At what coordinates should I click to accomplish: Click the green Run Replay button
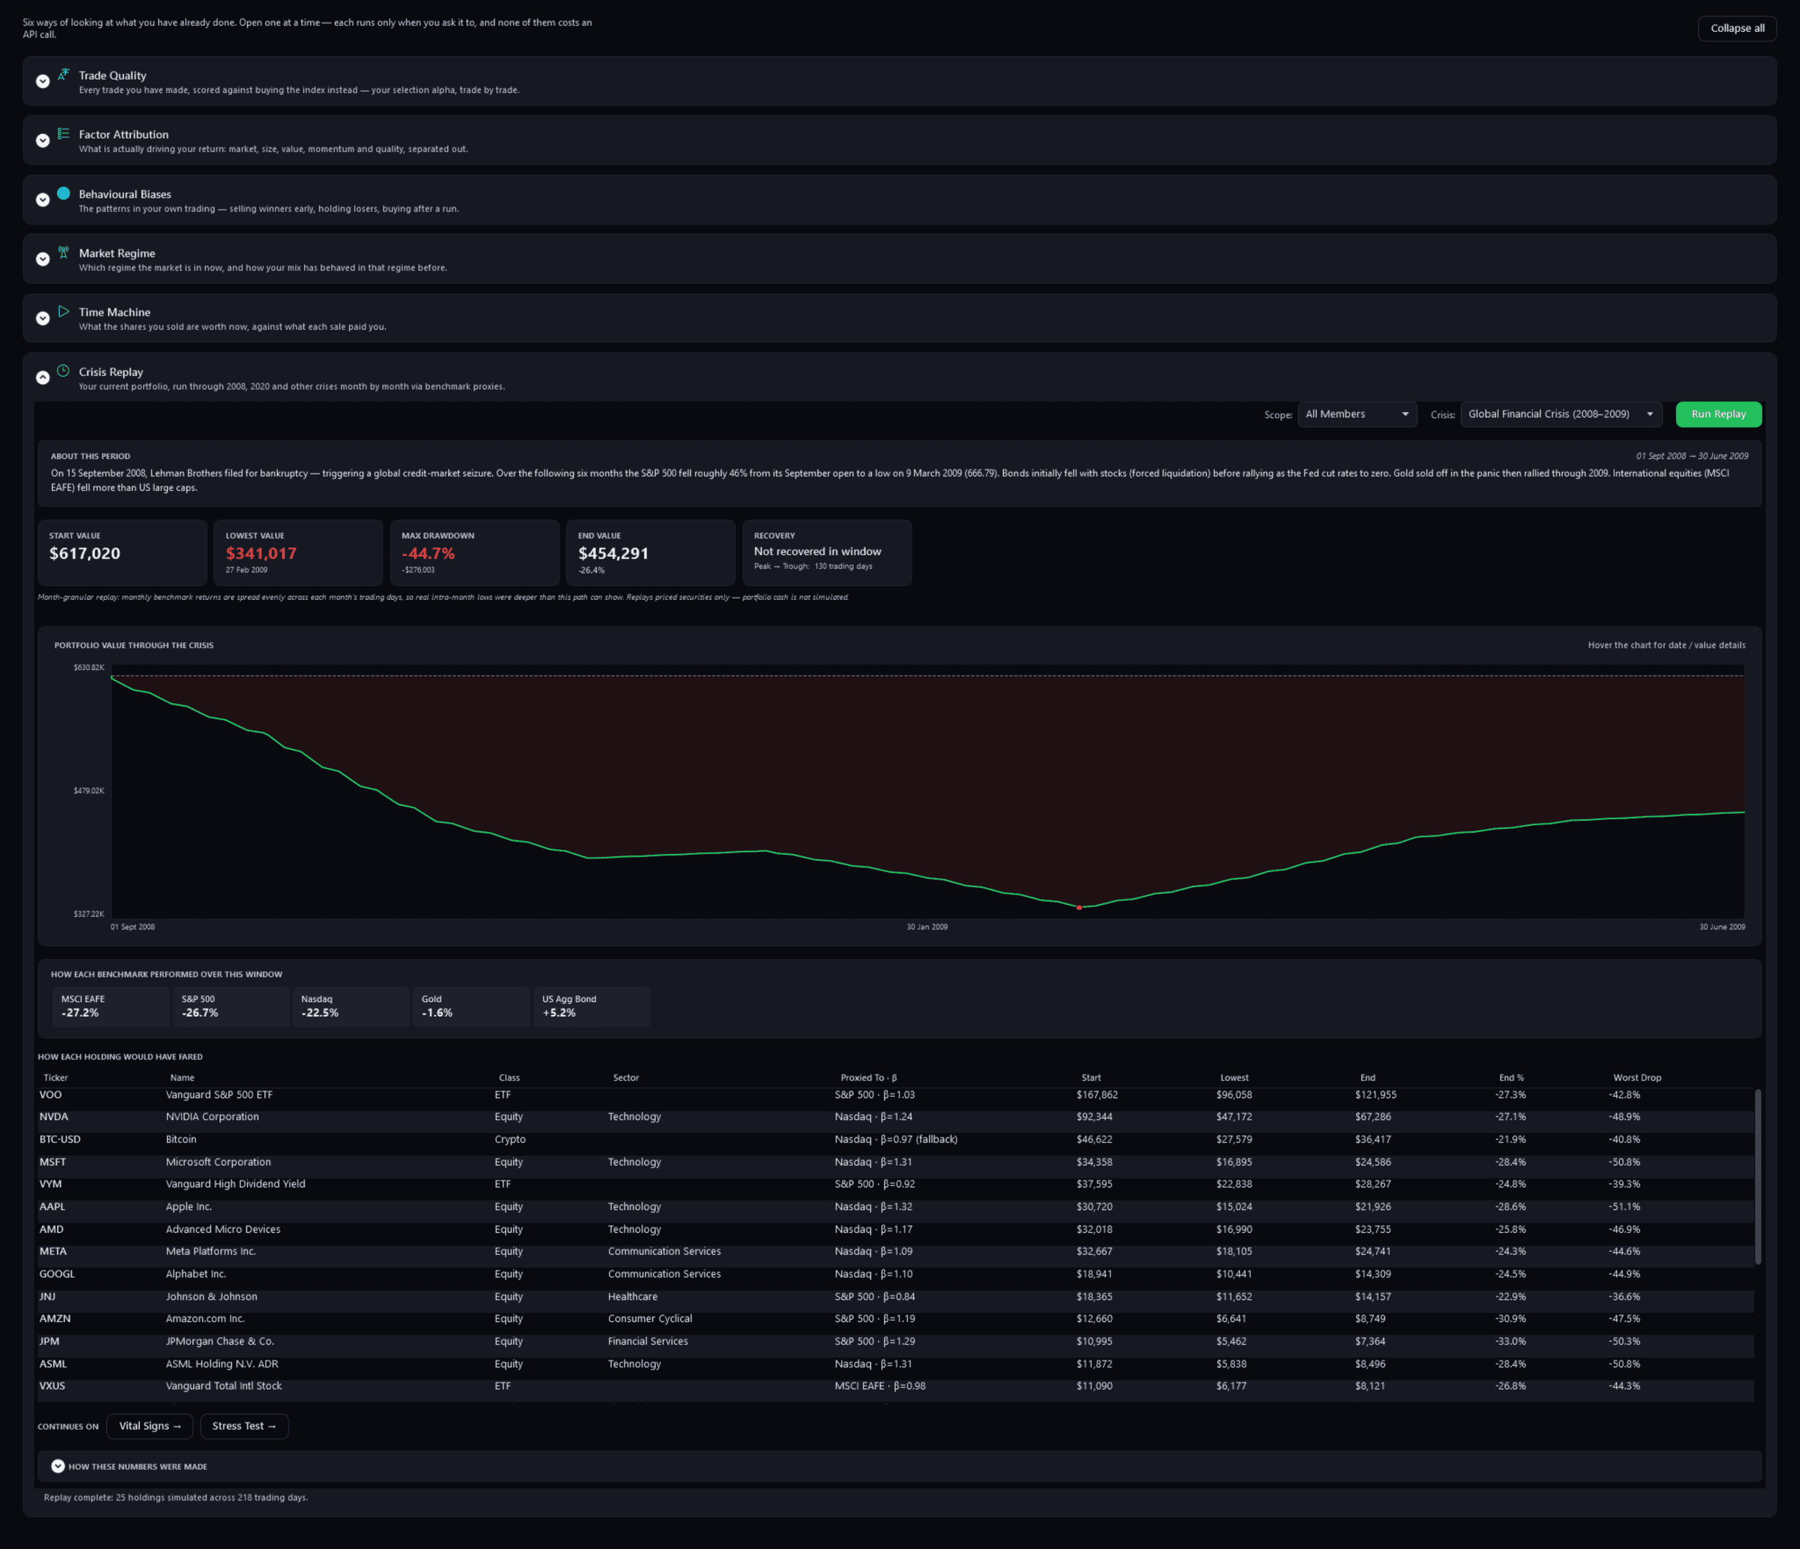coord(1718,414)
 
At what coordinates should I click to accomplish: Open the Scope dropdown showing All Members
coord(1357,414)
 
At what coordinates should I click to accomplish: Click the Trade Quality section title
coord(112,76)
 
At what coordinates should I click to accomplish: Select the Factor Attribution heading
coord(123,135)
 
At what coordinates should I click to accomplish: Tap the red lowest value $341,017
coord(261,553)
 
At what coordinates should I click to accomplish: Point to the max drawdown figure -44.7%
coord(428,553)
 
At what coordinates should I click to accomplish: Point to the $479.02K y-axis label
coord(89,790)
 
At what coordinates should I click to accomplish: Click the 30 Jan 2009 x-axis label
coord(927,927)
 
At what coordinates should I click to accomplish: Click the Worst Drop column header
coord(1637,1078)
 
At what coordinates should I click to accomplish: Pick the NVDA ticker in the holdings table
coord(54,1117)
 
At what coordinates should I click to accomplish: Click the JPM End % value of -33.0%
coord(1511,1341)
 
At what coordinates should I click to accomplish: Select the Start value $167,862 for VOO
coord(1097,1095)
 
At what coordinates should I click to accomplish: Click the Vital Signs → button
coord(150,1426)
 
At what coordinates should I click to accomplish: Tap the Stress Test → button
coord(244,1426)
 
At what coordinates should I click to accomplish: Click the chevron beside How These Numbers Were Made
coord(58,1467)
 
